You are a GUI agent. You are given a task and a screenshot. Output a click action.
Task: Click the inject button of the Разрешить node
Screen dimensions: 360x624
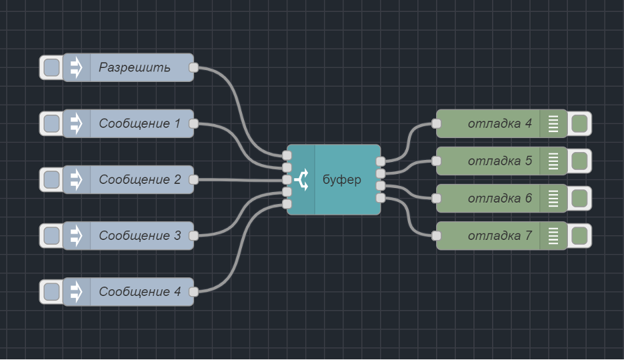51,67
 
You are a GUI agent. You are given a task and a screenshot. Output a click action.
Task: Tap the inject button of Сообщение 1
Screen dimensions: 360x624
51,123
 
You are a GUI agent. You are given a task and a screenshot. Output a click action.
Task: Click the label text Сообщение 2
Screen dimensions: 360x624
139,179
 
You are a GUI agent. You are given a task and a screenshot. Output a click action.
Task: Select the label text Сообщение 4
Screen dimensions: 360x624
139,291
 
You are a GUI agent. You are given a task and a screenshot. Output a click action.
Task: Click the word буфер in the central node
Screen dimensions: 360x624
341,179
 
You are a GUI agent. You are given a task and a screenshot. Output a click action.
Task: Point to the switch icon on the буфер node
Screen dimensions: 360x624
301,179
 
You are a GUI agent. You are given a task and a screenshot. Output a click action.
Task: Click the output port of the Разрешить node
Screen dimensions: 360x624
193,67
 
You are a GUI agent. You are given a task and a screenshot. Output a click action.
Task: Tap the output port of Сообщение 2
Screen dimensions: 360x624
193,179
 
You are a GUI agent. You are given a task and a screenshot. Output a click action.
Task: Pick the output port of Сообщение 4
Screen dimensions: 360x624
193,291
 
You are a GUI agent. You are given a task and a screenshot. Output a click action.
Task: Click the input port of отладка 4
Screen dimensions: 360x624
436,123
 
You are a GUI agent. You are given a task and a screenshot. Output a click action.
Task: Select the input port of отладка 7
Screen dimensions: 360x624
436,235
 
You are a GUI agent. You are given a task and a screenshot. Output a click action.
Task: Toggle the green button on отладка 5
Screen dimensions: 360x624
579,161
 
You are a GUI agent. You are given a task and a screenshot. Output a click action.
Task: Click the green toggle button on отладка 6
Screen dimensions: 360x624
579,198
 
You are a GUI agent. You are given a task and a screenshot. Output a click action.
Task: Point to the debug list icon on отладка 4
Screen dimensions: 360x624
553,123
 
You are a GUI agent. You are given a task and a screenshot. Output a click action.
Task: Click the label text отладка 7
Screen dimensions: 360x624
499,235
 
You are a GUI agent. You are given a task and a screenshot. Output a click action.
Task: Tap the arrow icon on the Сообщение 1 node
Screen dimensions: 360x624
76,123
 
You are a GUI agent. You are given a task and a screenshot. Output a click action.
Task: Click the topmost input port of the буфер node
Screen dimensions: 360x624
287,155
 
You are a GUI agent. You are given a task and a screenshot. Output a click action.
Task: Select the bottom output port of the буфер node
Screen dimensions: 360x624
380,198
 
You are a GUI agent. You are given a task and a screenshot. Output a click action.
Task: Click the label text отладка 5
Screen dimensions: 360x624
499,161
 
